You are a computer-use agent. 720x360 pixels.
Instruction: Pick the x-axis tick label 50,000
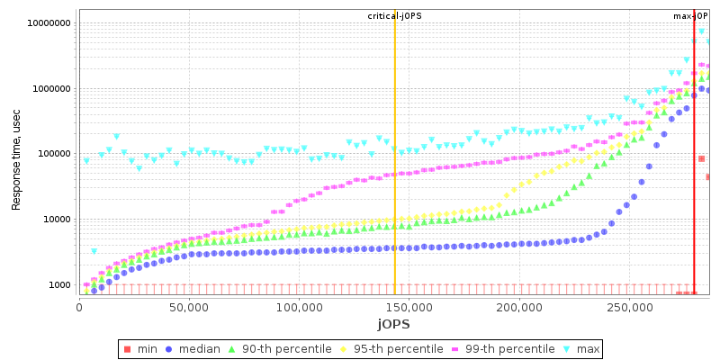189,308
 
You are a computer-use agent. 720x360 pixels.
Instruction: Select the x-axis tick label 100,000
299,308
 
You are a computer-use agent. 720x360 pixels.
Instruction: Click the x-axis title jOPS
393,324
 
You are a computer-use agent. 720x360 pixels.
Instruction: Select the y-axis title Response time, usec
16,155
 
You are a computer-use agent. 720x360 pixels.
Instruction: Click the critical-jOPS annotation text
395,16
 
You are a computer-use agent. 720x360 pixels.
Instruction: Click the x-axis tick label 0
79,308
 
